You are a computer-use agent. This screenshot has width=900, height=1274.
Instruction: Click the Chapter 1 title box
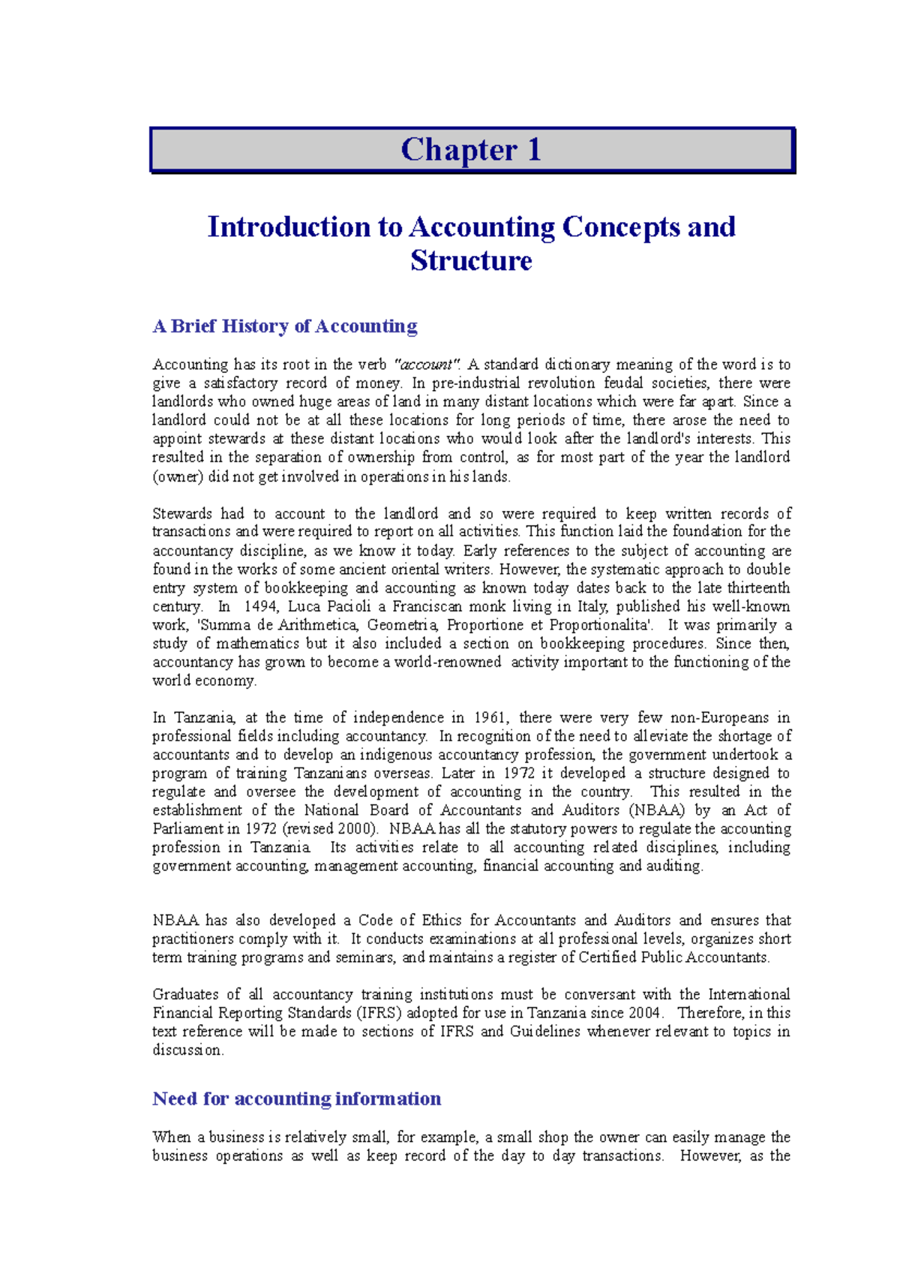472,150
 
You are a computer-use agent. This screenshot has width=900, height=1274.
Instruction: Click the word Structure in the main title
471,261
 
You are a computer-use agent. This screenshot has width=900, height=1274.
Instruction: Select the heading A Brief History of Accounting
285,326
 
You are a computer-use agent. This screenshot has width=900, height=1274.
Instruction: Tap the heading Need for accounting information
296,1099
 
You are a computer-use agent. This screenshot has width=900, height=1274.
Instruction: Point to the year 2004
645,1013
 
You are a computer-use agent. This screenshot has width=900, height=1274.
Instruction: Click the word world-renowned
448,663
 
